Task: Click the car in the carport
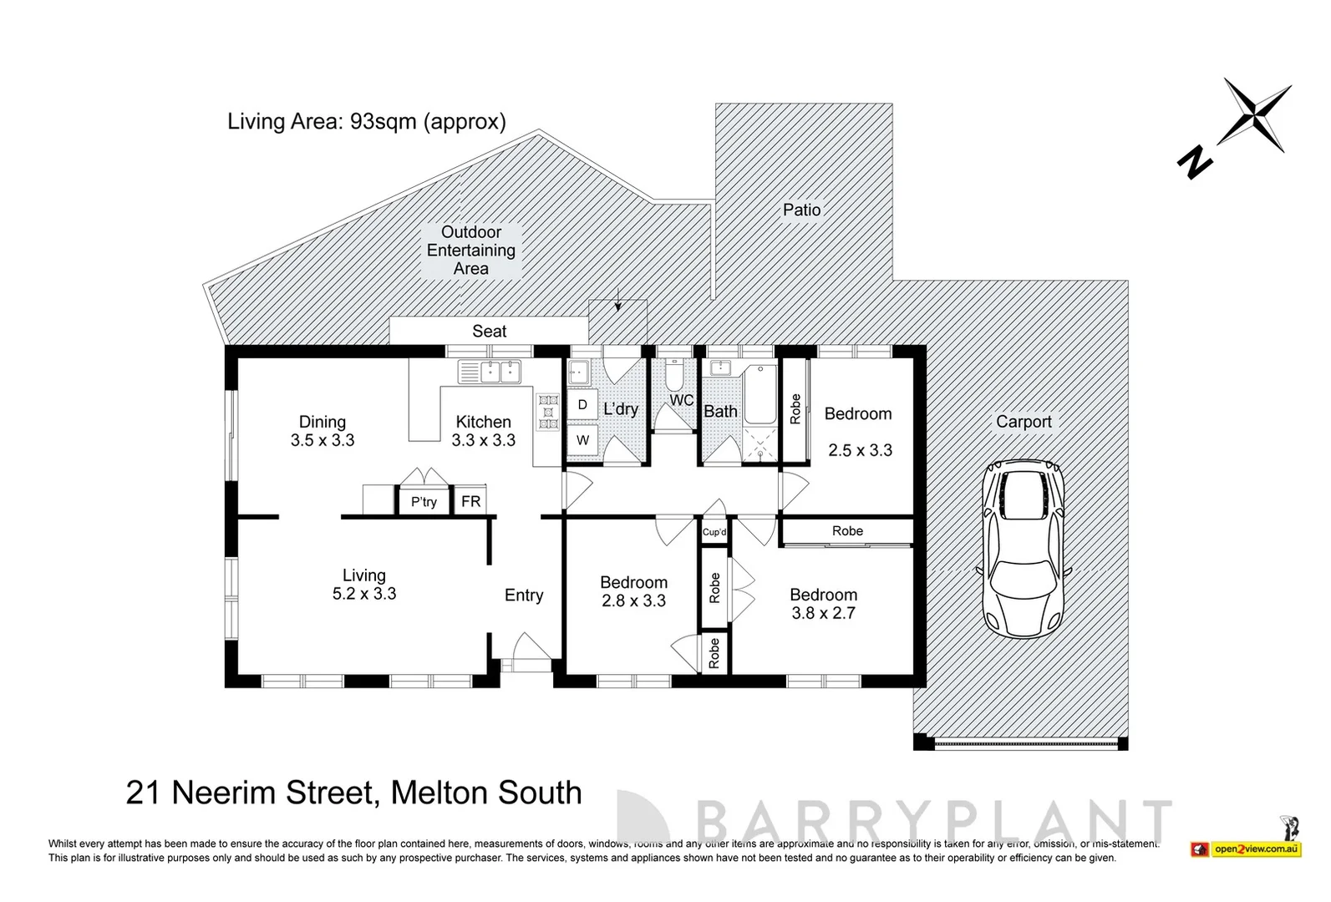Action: point(1024,550)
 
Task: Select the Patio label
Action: point(801,210)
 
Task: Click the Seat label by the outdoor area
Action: point(489,331)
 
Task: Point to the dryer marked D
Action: point(582,405)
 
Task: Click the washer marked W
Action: point(582,440)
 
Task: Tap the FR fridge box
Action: point(470,501)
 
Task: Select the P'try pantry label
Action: point(424,502)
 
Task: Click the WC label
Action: point(681,400)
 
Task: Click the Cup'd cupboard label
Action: point(714,532)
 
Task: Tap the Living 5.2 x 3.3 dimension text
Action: point(363,594)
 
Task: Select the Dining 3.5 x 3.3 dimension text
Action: point(323,440)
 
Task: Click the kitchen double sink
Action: point(490,372)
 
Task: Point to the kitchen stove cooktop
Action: point(548,412)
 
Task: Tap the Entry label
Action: point(524,595)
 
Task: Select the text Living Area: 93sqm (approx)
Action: point(367,121)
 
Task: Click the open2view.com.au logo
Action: point(1256,849)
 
